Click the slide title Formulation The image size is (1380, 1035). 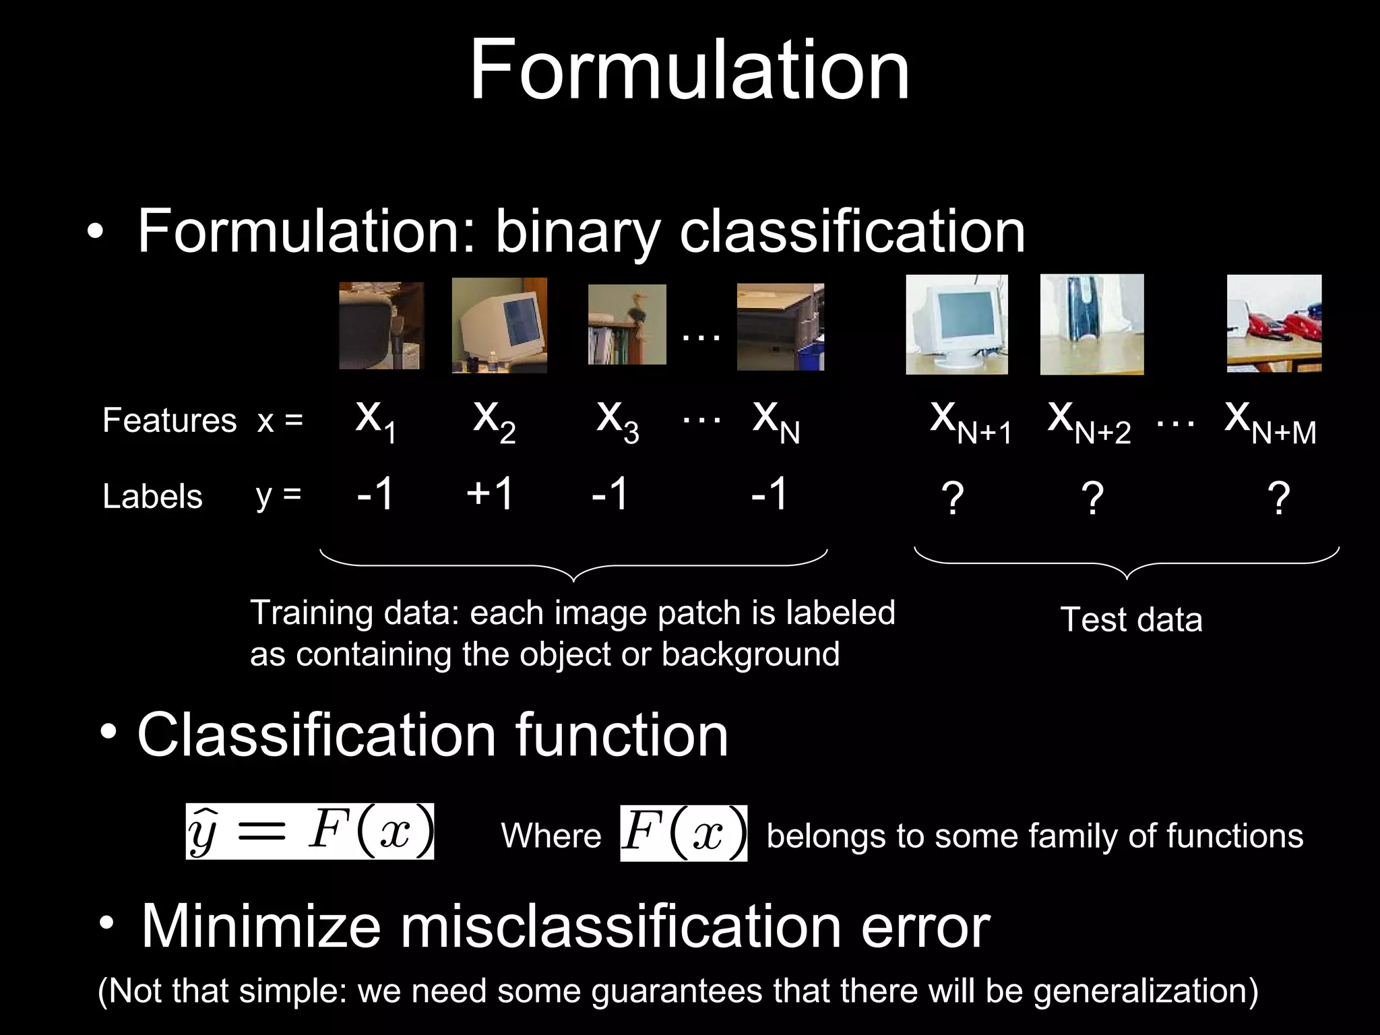689,70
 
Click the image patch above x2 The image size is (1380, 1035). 499,325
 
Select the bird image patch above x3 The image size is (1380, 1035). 627,324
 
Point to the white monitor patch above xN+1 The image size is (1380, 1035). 957,324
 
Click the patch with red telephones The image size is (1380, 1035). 1274,323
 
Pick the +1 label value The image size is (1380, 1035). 490,493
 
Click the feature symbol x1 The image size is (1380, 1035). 375,420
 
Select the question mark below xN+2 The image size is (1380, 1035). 1092,499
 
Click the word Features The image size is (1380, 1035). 169,420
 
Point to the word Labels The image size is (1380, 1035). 152,497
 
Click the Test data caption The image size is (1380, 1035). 1131,620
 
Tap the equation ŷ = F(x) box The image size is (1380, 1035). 310,831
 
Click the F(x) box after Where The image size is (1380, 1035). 683,833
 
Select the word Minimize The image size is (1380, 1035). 261,927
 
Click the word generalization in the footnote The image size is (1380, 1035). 1145,991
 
